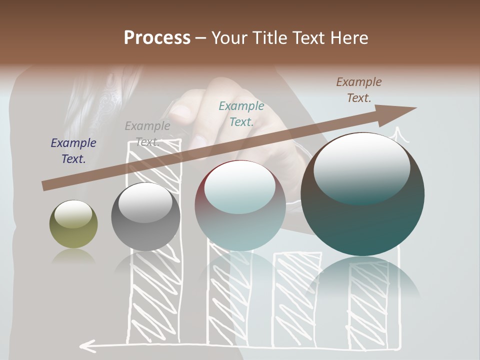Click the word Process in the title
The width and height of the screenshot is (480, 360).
point(157,38)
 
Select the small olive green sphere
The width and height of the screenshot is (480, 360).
point(73,224)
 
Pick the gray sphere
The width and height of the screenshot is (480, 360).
point(145,217)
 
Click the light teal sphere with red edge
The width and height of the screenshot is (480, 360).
point(240,206)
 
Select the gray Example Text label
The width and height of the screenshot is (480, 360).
point(147,133)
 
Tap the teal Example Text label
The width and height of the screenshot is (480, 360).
point(241,113)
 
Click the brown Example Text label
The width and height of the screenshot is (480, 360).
point(359,90)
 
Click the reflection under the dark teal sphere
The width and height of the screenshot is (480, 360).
point(362,280)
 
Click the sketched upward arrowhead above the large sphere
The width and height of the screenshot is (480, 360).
point(398,133)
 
